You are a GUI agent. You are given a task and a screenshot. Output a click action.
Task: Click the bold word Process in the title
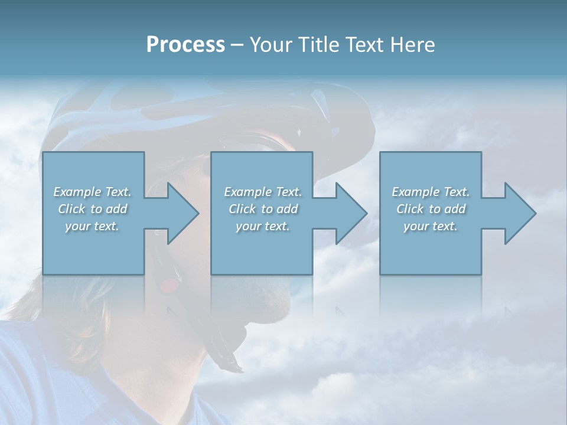(185, 45)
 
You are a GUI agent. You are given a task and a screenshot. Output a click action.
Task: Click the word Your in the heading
(269, 45)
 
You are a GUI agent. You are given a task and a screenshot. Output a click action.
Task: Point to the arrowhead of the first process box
(183, 213)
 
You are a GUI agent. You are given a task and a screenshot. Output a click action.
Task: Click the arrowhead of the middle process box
(351, 213)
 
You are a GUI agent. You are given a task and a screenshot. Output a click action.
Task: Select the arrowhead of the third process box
(520, 213)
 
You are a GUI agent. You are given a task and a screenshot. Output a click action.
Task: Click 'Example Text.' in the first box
(92, 192)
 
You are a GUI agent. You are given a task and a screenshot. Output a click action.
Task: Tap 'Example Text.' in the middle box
(262, 192)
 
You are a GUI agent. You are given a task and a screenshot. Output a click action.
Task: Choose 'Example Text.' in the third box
(431, 192)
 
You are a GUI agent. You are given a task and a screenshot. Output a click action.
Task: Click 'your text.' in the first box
(92, 226)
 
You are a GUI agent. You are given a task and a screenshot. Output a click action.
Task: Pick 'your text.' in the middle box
(262, 226)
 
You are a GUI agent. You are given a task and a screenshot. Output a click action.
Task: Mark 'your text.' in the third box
(431, 226)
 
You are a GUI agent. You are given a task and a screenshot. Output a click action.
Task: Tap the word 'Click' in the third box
(410, 209)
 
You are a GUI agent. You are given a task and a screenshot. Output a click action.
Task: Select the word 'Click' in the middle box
(242, 209)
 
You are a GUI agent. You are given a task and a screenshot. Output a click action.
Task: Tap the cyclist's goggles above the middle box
(260, 142)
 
